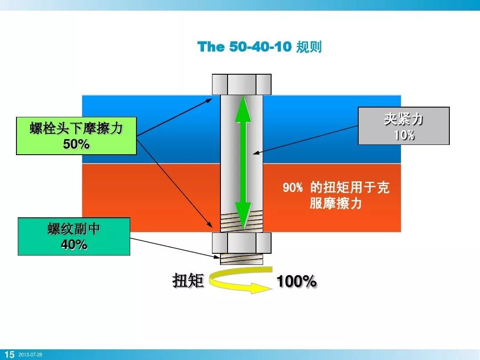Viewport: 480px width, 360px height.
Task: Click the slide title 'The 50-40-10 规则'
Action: [x=260, y=47]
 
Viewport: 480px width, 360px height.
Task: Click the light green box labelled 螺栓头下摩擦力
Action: [x=76, y=130]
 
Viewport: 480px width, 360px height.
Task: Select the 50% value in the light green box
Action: [x=76, y=144]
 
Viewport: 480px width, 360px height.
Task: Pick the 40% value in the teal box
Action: [x=74, y=244]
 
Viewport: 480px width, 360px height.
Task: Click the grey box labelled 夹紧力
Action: [x=404, y=120]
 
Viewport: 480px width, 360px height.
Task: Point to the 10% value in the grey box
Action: [x=404, y=135]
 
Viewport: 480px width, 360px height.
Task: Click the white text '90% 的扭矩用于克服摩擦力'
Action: [x=336, y=196]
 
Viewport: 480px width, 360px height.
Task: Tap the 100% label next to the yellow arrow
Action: [x=296, y=281]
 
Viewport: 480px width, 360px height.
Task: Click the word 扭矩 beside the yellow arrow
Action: [x=188, y=281]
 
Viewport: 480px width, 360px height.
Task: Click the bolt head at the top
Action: [x=241, y=84]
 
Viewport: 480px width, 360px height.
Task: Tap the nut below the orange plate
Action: [x=241, y=243]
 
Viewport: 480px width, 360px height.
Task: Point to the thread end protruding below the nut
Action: [x=241, y=258]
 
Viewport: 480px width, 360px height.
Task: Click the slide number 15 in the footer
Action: [x=9, y=354]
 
